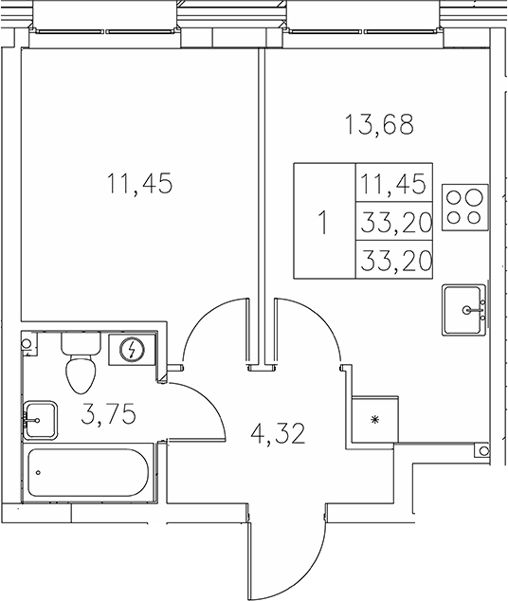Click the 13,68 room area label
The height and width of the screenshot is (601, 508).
[379, 124]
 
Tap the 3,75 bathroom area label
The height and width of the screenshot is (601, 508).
[109, 414]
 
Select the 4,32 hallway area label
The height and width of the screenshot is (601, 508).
[278, 433]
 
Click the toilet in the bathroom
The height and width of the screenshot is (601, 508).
[81, 363]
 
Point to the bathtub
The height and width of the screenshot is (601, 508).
[88, 473]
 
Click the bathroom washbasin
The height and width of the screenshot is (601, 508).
[40, 420]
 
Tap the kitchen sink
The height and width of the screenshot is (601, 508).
[464, 310]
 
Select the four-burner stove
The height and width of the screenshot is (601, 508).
[465, 208]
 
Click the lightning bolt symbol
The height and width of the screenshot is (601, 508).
[132, 350]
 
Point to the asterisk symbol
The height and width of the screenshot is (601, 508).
[374, 420]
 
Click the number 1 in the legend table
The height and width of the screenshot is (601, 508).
[324, 223]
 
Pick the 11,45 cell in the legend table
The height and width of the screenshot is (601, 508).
[394, 183]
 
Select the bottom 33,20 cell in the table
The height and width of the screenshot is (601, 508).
[394, 260]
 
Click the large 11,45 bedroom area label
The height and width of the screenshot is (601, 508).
[139, 183]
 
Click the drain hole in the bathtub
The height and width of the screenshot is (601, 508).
[38, 473]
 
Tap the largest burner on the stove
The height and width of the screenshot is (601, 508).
[474, 198]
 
